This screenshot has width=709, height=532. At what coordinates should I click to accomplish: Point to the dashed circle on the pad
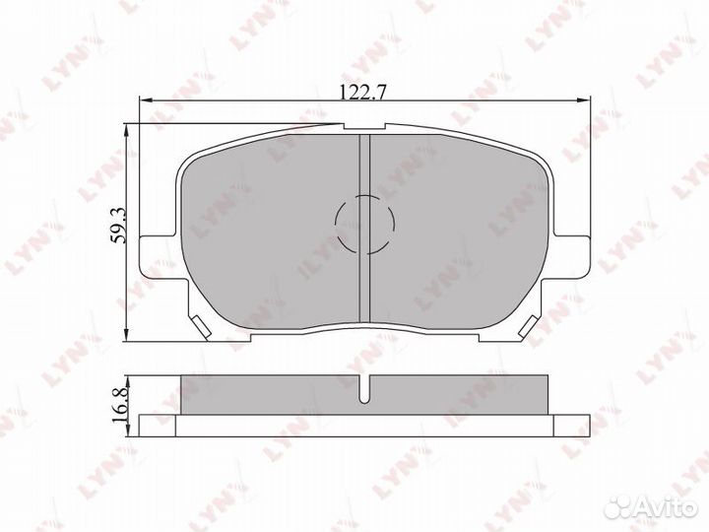pyautogui.click(x=364, y=224)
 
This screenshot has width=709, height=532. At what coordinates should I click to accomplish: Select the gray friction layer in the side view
pyautogui.click(x=276, y=394)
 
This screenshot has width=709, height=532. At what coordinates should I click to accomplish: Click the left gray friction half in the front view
pyautogui.click(x=266, y=236)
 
